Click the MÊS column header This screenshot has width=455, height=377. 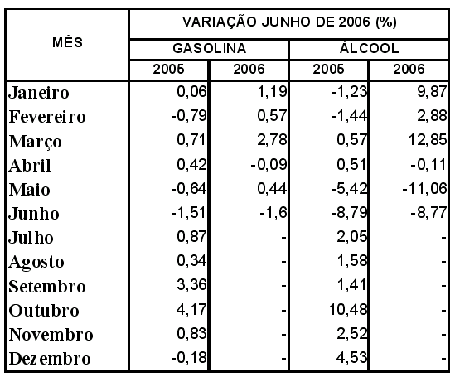pos(67,42)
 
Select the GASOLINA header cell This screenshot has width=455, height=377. pos(209,48)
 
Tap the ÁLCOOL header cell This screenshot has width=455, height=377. pos(369,47)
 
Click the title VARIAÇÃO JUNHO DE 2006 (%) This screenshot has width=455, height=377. pos(289,22)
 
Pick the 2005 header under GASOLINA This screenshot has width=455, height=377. pos(168,70)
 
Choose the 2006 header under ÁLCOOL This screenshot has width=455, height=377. pos(409,70)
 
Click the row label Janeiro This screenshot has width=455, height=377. pos(39,93)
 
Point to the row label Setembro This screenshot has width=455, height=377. pos(47,286)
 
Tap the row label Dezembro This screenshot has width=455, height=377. pos(50,359)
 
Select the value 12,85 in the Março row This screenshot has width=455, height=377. pos(428,140)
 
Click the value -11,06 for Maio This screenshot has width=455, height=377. pos(424,188)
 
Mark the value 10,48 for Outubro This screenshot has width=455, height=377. pos(348,309)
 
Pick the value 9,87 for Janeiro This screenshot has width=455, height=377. pos(432,92)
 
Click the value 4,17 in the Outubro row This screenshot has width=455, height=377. pos(191,309)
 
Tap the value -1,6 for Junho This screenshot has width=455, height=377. pos(273,213)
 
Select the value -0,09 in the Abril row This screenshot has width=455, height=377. pos(269,164)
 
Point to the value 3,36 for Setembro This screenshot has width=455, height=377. pos(191,285)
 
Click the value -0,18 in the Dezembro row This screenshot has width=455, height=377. pos(189,357)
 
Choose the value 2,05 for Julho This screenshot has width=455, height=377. pos(351,237)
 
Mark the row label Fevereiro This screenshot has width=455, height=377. pos(47,117)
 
